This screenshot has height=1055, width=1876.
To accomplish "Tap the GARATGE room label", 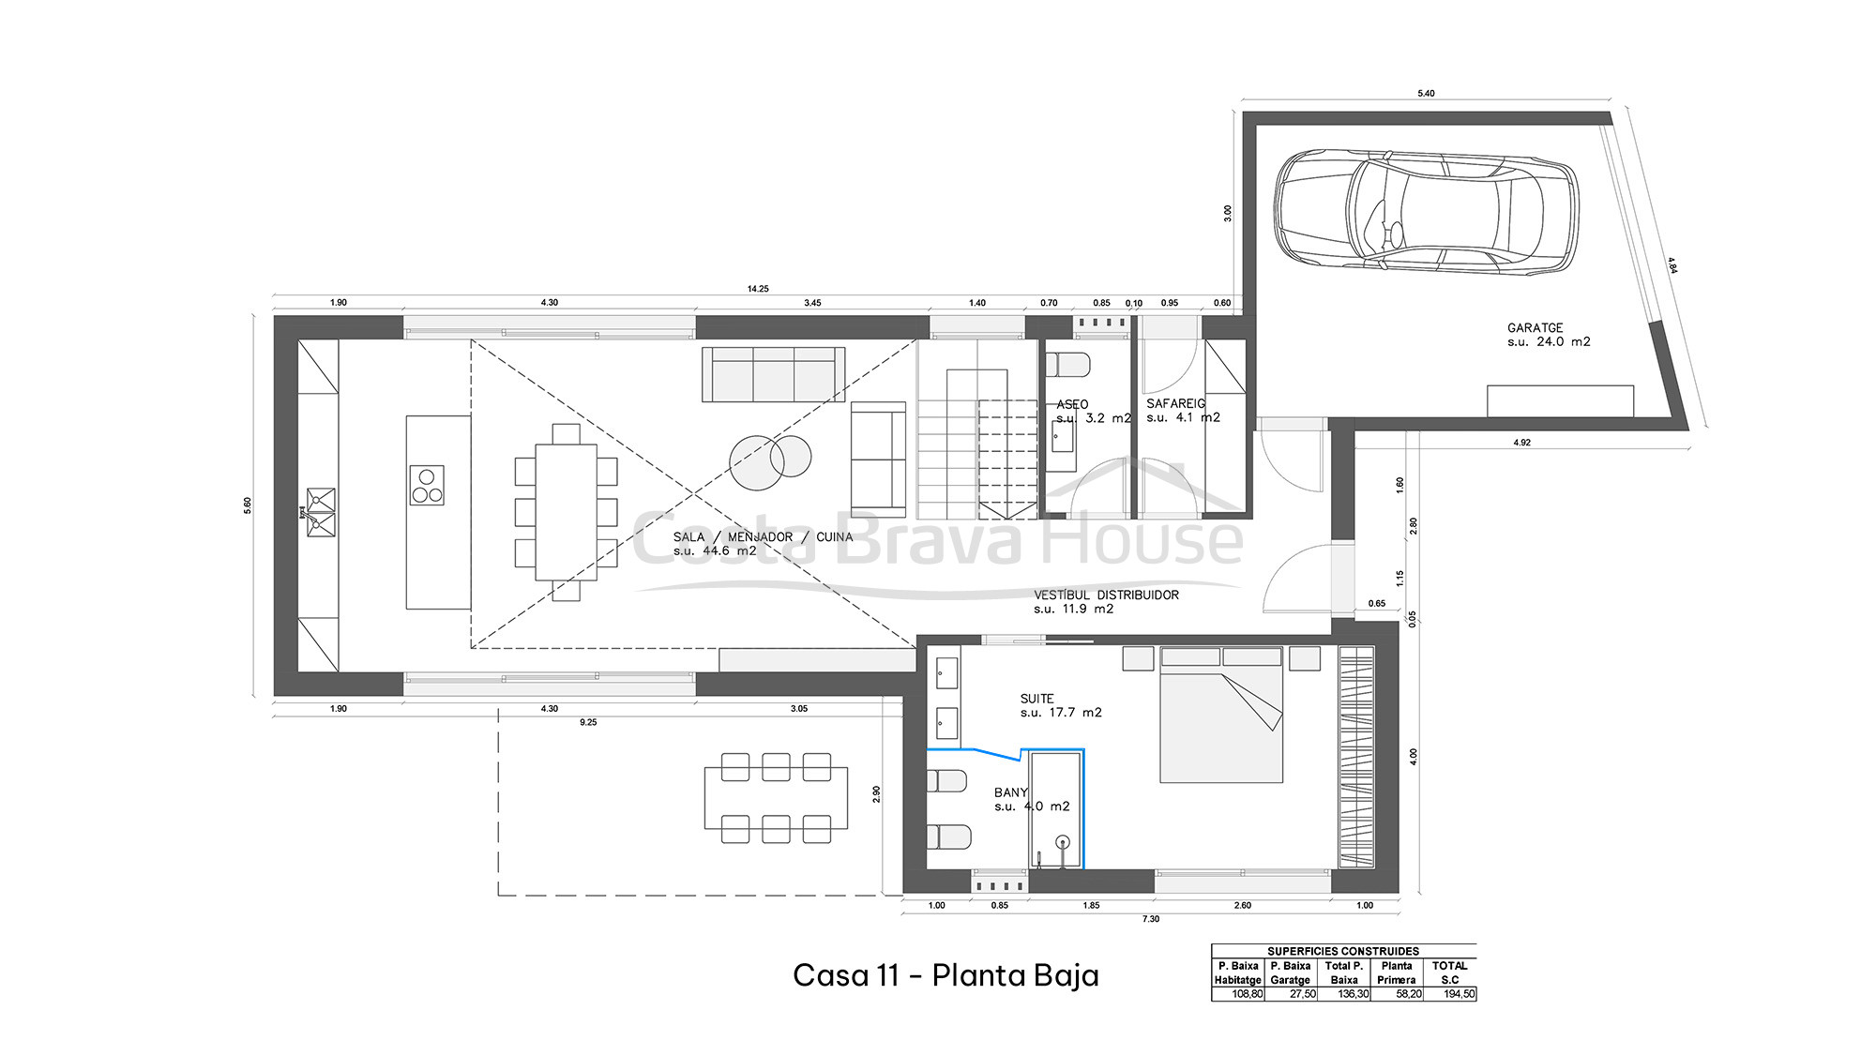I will pyautogui.click(x=1536, y=328).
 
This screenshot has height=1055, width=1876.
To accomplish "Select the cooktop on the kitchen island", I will pyautogui.click(x=427, y=486).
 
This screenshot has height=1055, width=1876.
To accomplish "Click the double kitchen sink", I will pyautogui.click(x=320, y=512).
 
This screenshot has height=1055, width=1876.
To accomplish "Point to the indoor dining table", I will pyautogui.click(x=566, y=512).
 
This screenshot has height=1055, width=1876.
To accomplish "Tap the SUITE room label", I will pyautogui.click(x=1037, y=699).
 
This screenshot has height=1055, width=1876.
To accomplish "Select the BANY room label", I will pyautogui.click(x=1010, y=792).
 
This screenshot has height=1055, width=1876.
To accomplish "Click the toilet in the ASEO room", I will pyautogui.click(x=1068, y=365).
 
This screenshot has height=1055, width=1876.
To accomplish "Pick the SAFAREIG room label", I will pyautogui.click(x=1175, y=403).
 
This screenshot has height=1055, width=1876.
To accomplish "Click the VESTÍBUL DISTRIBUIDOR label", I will pyautogui.click(x=1106, y=595).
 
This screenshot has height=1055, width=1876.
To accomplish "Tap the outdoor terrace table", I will pyautogui.click(x=776, y=798).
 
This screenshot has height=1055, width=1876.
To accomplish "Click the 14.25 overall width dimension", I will pyautogui.click(x=758, y=289).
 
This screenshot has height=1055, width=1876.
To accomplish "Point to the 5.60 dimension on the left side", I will pyautogui.click(x=248, y=505).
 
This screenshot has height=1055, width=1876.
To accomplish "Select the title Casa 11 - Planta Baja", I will pyautogui.click(x=946, y=975).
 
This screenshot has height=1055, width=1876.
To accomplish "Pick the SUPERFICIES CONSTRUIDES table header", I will pyautogui.click(x=1343, y=951).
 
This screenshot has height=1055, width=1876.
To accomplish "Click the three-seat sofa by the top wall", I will pyautogui.click(x=773, y=374).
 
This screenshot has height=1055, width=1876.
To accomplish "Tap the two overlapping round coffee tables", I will pyautogui.click(x=770, y=461).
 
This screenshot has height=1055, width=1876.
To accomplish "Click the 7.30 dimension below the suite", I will pyautogui.click(x=1150, y=919).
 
